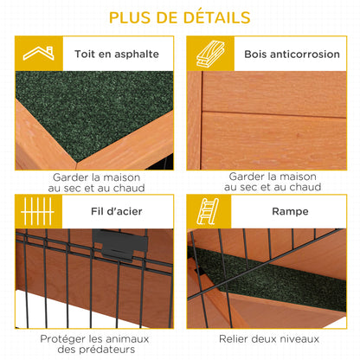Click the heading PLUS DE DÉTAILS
click(180, 17)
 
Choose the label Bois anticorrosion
click(280, 54)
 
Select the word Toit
click(86, 54)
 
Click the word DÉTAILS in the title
click(212, 17)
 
